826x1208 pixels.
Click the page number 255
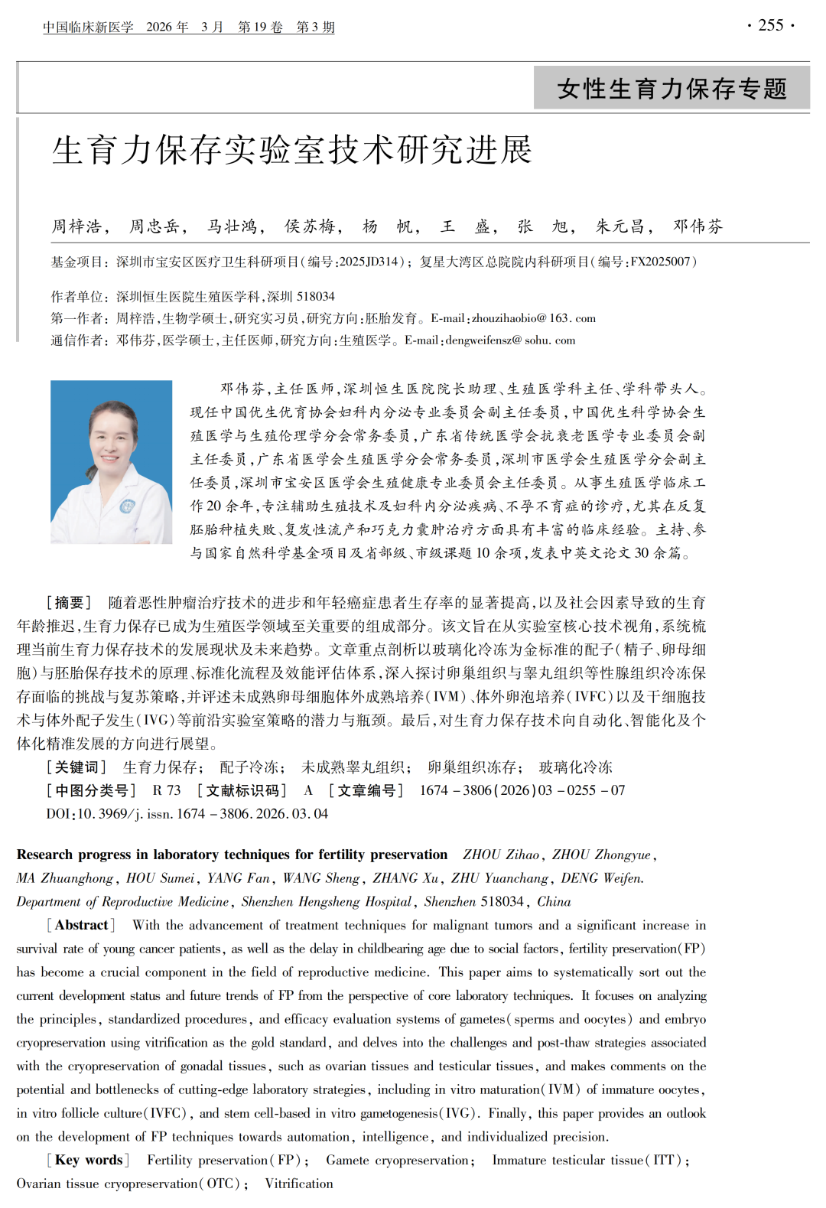point(771,25)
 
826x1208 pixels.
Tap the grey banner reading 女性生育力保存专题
point(672,89)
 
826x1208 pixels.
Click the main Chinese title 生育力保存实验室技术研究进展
point(291,150)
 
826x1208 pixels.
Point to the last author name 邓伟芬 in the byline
point(698,226)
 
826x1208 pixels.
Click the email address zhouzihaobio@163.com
point(533,318)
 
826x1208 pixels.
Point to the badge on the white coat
point(127,506)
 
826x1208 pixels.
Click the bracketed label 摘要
point(69,603)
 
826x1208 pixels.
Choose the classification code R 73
point(167,790)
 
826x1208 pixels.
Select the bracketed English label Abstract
point(81,925)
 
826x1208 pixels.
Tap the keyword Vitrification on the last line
point(299,1184)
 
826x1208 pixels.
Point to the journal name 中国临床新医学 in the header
point(88,28)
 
